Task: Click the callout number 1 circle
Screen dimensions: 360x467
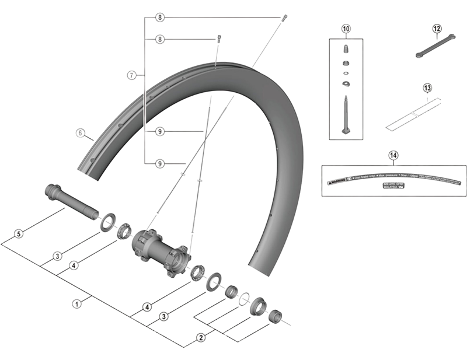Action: (76, 303)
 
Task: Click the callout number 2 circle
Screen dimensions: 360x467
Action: (201, 337)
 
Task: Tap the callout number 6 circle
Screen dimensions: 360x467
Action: (81, 132)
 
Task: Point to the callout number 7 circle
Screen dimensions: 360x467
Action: (132, 75)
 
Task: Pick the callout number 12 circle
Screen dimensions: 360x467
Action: (437, 28)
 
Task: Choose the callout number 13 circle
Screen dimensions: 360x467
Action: (427, 88)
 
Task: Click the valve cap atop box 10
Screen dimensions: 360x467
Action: (345, 47)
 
